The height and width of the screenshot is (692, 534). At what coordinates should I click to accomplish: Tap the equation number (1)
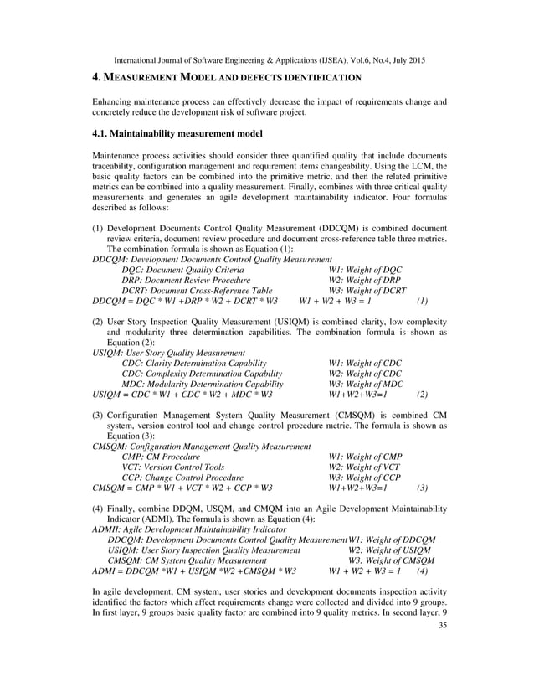coord(422,300)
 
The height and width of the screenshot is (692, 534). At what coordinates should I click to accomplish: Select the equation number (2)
coord(422,394)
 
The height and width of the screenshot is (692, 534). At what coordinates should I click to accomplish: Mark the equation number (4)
coord(422,571)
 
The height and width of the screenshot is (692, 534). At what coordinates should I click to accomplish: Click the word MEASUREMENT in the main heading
coord(146,78)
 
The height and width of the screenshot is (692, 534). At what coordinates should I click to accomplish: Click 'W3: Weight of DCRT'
coord(367,290)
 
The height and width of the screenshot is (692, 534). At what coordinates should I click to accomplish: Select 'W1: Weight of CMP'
coord(364,457)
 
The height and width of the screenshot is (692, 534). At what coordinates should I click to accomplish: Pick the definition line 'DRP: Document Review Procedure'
coord(186,280)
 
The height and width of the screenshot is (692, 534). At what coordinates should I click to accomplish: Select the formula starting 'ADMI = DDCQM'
coord(193,571)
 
